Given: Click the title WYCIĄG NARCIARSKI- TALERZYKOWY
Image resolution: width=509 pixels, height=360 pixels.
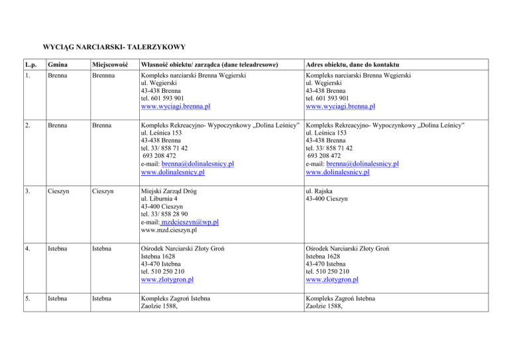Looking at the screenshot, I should pyautogui.click(x=113, y=47).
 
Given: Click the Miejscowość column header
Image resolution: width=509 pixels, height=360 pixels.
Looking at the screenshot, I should pyautogui.click(x=110, y=64).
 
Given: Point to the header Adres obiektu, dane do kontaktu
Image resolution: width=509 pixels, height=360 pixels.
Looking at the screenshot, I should pyautogui.click(x=351, y=64).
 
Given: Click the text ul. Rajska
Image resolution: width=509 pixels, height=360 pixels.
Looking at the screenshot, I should pyautogui.click(x=320, y=192).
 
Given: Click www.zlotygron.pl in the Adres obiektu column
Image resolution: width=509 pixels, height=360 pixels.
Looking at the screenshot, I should pyautogui.click(x=337, y=280).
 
